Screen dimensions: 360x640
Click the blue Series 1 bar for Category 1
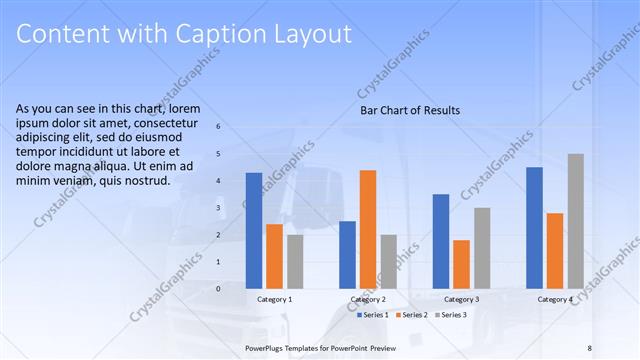point(254,230)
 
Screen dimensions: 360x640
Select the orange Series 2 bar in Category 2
point(368,229)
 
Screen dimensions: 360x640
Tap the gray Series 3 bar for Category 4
point(575,221)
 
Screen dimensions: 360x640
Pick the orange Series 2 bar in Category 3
point(461,264)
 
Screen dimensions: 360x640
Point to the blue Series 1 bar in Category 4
point(534,227)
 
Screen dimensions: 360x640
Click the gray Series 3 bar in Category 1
point(295,261)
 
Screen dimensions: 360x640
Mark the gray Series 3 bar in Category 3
point(482,248)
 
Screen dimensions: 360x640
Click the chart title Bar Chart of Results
point(410,110)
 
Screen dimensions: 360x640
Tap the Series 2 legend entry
point(414,315)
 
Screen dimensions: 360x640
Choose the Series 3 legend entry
point(451,315)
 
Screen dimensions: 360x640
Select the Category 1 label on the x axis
point(275,299)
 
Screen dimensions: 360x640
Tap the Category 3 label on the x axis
point(461,299)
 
